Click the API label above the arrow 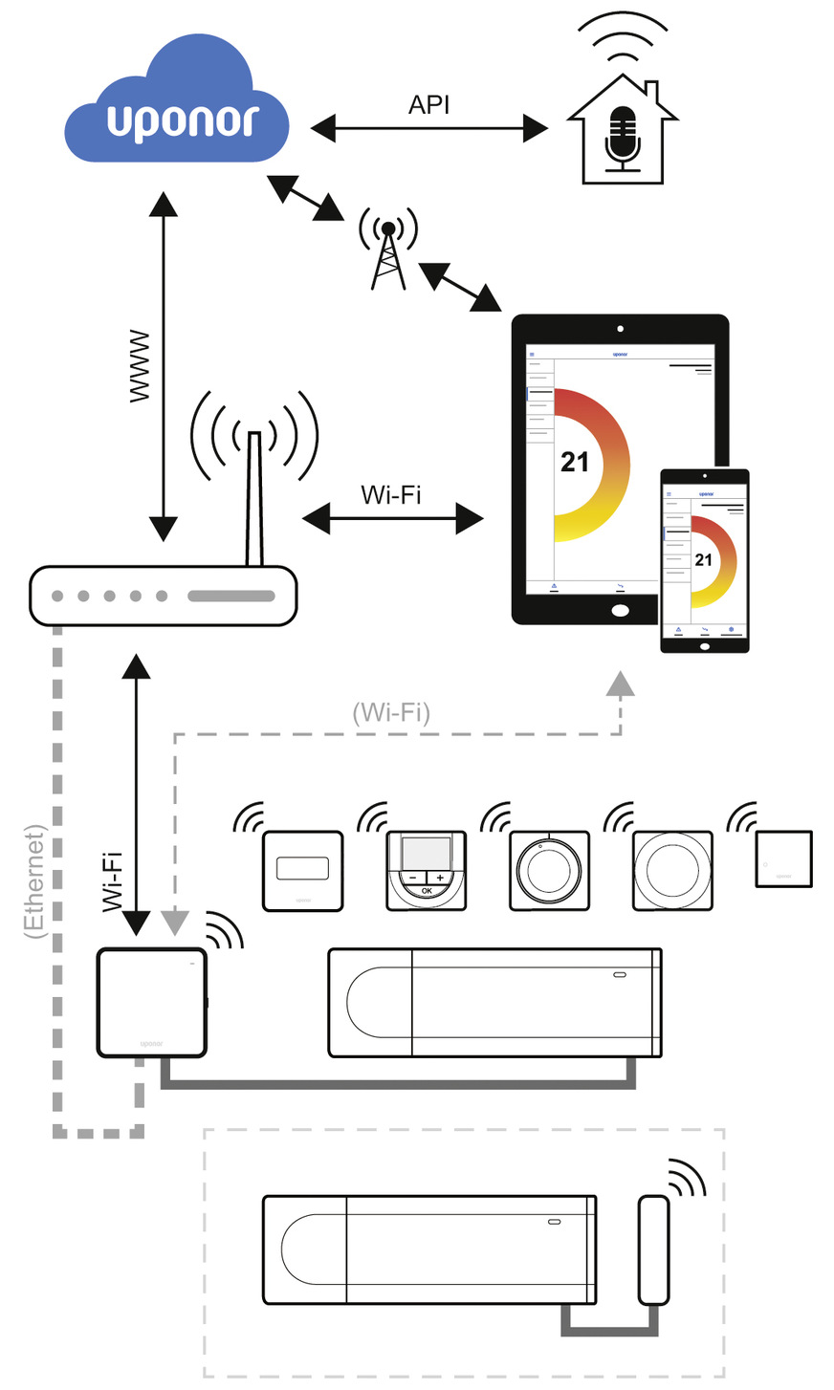(x=428, y=105)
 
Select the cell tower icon (x=388, y=250)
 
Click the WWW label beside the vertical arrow (x=141, y=366)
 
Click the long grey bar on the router (x=231, y=597)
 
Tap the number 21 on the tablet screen (x=575, y=463)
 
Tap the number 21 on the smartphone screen (x=704, y=560)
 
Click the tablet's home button (x=620, y=610)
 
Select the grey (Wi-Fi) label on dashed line (x=391, y=712)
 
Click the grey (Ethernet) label (x=34, y=880)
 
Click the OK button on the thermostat (x=427, y=891)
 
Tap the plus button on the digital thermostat (x=440, y=877)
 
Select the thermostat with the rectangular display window (x=302, y=870)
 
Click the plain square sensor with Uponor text (x=783, y=859)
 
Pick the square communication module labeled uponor (x=152, y=1002)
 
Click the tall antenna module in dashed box (x=653, y=1249)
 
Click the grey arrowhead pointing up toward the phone (x=621, y=683)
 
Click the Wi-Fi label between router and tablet (x=390, y=495)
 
